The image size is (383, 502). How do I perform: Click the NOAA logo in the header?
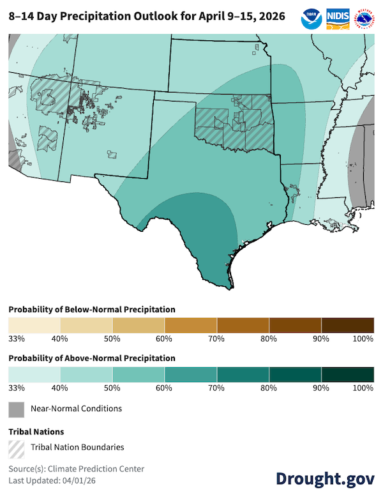tap(312, 17)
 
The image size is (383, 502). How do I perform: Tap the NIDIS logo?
tap(337, 17)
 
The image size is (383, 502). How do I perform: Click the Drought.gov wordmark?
tap(325, 479)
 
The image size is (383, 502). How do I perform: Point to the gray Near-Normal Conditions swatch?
tap(16, 409)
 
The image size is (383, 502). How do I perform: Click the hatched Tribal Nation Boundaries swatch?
tap(16, 447)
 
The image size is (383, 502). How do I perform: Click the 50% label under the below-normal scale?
tap(112, 338)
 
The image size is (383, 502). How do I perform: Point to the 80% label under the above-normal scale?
tap(269, 388)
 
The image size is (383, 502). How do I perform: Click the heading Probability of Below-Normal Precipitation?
tap(91, 309)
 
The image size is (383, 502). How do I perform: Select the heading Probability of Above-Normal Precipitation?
tap(91, 358)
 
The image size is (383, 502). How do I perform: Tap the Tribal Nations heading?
tap(36, 432)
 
